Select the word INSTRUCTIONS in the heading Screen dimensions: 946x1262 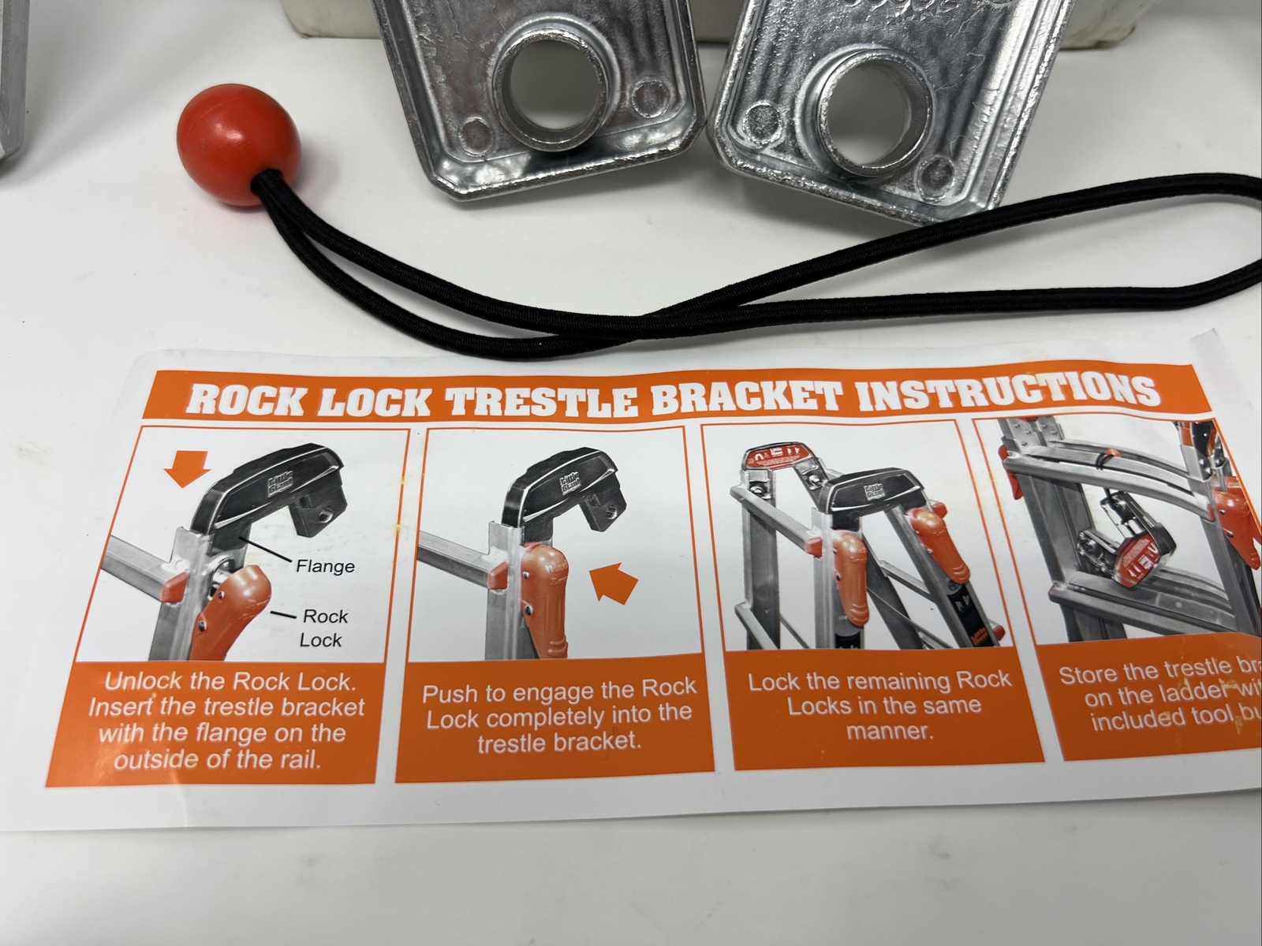(1002, 391)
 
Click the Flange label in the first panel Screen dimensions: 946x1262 (325, 565)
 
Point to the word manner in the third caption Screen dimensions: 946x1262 (890, 730)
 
